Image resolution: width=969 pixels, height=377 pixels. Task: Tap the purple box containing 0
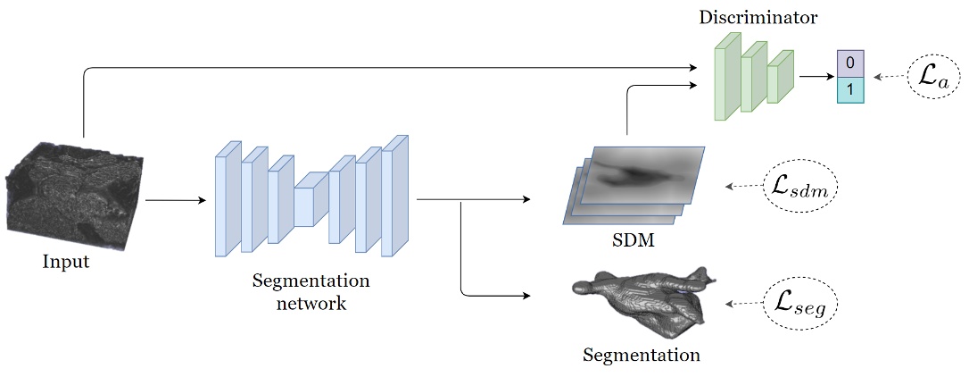point(850,63)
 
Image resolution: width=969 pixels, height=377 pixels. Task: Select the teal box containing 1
point(850,89)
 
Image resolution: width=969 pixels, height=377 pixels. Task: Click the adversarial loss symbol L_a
point(933,78)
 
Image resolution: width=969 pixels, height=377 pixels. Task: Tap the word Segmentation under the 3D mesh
point(641,355)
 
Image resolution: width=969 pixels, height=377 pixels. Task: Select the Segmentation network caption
point(311,291)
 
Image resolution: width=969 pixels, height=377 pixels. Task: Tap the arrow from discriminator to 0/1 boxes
point(814,77)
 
